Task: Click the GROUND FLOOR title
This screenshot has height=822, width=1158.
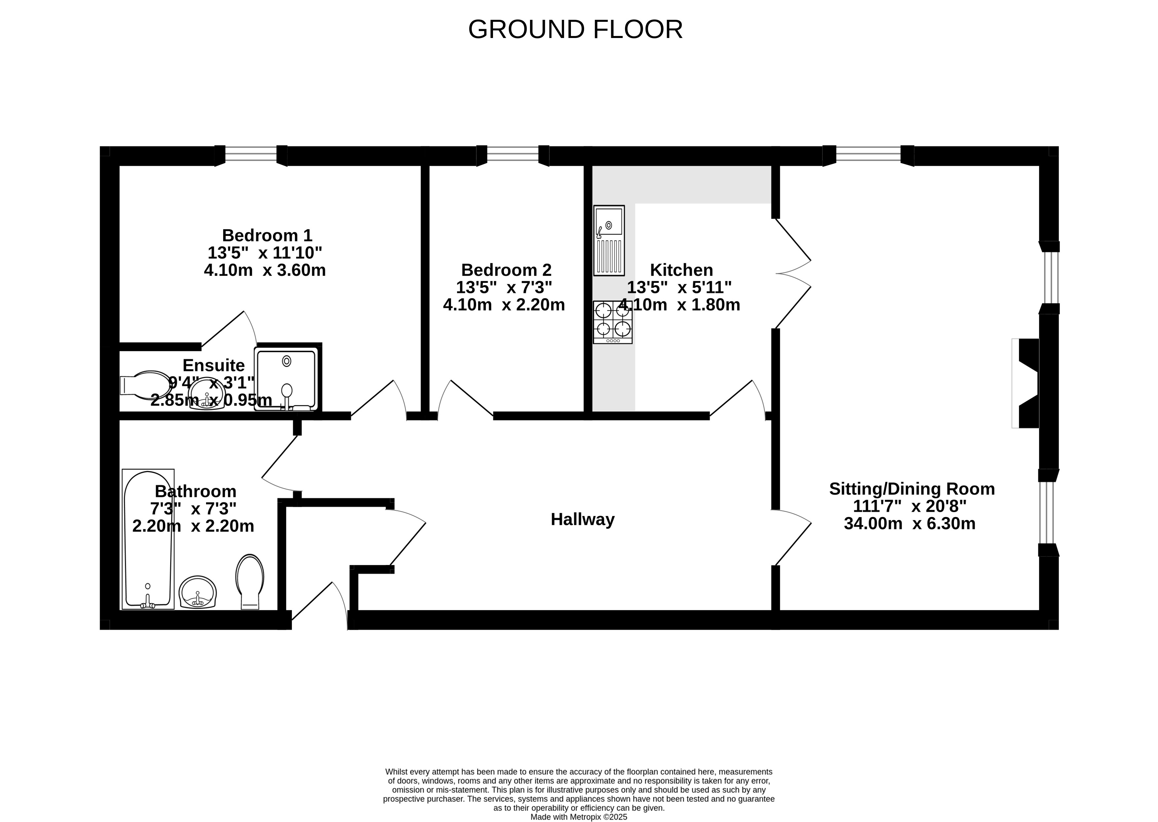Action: [x=575, y=29]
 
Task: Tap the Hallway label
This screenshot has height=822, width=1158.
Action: [x=582, y=519]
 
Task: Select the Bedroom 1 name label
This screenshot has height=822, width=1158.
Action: [x=267, y=235]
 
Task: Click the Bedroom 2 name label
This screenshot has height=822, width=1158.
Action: [x=506, y=270]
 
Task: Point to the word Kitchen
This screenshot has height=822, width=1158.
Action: [x=682, y=270]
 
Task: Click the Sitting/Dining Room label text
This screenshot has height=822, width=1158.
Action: [x=912, y=489]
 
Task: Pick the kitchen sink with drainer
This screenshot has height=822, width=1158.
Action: [x=609, y=241]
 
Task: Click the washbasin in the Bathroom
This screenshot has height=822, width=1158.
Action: [x=198, y=592]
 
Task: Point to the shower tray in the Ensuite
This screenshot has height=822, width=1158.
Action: [x=286, y=379]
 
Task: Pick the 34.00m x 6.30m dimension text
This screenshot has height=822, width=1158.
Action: [x=910, y=523]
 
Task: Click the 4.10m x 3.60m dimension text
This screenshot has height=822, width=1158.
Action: [x=264, y=270]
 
